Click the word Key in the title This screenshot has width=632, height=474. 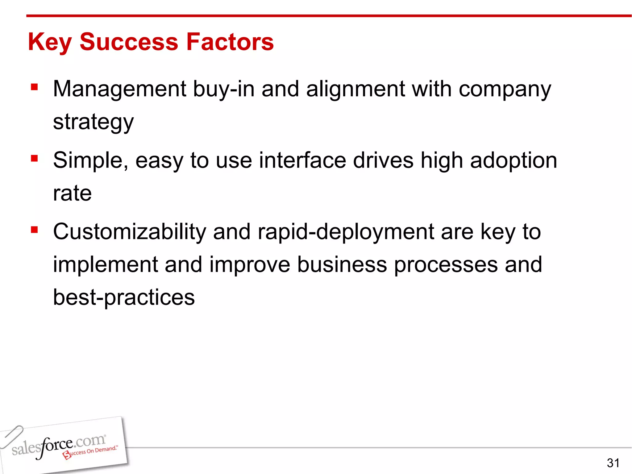[50, 42]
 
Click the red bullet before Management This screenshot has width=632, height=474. [34, 87]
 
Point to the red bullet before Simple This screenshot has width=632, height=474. [34, 159]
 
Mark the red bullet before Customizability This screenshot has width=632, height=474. [34, 230]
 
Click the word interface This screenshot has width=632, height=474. [302, 160]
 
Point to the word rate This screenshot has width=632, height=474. [72, 193]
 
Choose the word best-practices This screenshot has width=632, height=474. [124, 297]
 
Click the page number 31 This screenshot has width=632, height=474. [613, 463]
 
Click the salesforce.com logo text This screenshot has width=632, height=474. [59, 446]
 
